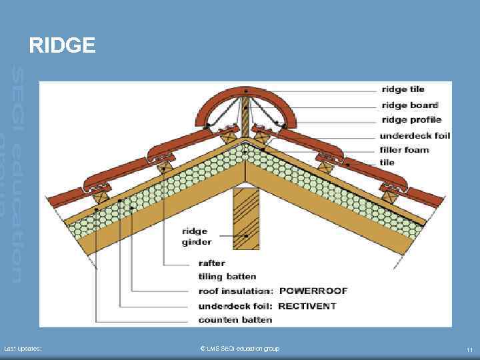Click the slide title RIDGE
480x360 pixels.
[x=62, y=45]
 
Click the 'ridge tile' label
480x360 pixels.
[x=403, y=89]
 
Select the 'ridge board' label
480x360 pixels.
[x=409, y=105]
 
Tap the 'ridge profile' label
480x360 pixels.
[x=411, y=120]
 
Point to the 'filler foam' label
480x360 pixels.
[x=404, y=149]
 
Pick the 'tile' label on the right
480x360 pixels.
[x=387, y=162]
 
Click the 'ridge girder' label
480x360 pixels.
[x=196, y=237]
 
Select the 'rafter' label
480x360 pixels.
[x=212, y=263]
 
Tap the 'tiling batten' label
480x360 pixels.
[x=227, y=276]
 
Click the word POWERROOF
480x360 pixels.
[x=313, y=291]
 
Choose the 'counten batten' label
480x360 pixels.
[x=235, y=320]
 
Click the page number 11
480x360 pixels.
[x=469, y=349]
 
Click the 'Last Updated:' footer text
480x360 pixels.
[x=23, y=349]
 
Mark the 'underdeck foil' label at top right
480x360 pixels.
[x=415, y=135]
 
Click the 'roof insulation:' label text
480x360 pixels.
[x=236, y=291]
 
